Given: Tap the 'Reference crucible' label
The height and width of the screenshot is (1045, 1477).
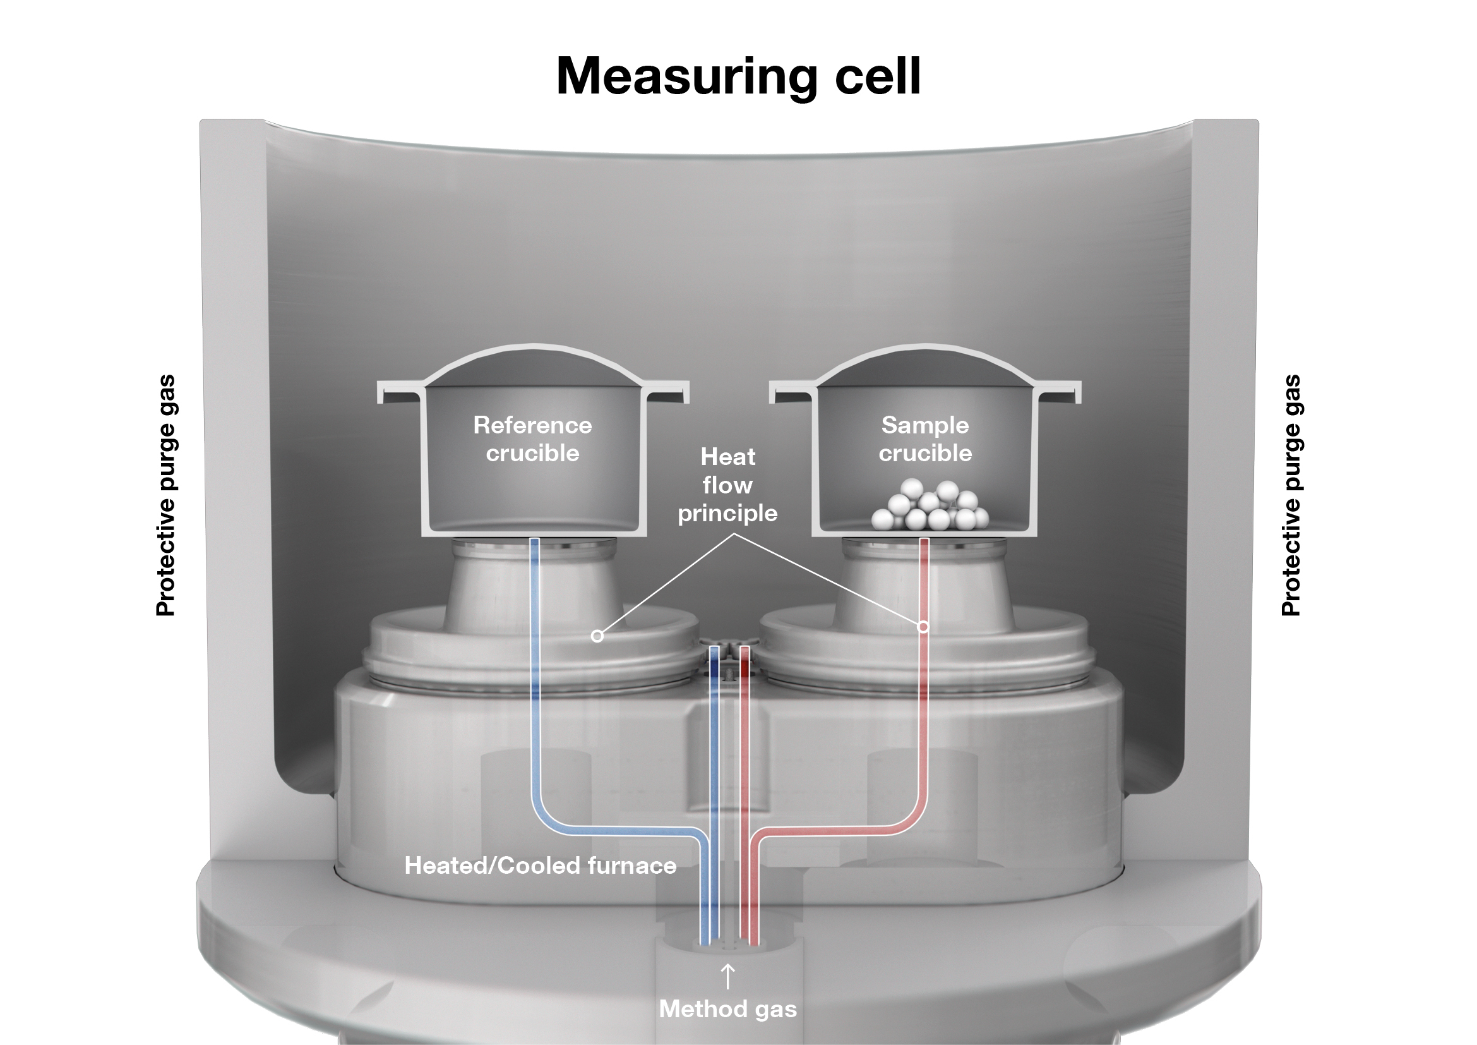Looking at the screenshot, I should point(533,439).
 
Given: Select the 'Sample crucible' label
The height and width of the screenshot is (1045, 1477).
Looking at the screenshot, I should point(925,439).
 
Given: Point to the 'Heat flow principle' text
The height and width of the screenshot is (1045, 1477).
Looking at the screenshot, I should point(727,485).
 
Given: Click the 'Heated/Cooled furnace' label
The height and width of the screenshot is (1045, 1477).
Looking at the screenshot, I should point(541,866).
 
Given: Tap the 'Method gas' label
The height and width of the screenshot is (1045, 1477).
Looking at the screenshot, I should point(727,1009).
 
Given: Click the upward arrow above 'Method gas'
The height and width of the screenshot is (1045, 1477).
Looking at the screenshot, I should point(727,976).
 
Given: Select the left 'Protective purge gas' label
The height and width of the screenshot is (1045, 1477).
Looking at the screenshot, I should point(166,495).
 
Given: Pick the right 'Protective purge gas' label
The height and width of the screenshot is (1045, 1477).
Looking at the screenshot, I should point(1291,495).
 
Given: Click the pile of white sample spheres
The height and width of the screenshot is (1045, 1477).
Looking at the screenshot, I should point(930,506).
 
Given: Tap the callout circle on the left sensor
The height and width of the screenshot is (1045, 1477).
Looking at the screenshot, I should point(597,636).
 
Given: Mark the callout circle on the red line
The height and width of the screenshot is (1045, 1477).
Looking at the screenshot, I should point(923,626).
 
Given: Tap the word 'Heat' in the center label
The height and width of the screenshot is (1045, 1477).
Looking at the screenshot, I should point(727,457).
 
